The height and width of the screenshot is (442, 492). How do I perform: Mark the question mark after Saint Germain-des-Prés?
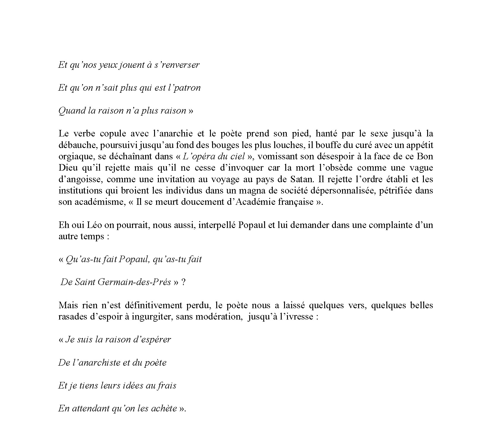point(183,282)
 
